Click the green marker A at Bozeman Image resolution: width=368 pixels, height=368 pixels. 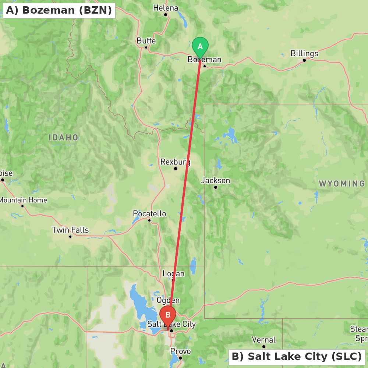[x=200, y=47]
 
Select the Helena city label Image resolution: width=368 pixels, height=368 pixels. [x=166, y=8]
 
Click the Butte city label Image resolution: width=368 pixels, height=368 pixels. [x=146, y=41]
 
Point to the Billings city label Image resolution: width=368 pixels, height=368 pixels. [x=304, y=53]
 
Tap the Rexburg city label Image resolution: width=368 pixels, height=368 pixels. [x=175, y=162]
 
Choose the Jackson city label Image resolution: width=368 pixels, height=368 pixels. [x=216, y=180]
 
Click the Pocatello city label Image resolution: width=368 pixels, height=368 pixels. [x=149, y=214]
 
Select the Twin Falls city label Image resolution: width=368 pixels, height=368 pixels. [x=70, y=230]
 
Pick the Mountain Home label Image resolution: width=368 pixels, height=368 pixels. [x=23, y=200]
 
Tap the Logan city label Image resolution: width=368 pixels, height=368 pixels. [x=173, y=274]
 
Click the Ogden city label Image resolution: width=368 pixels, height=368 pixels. [x=168, y=300]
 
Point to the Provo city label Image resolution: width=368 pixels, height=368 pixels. [x=180, y=351]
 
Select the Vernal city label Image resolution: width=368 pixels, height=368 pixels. [x=264, y=340]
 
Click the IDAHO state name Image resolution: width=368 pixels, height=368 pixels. [x=64, y=138]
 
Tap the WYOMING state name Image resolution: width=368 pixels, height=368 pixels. [x=342, y=184]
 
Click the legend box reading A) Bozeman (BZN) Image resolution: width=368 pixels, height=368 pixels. [x=59, y=10]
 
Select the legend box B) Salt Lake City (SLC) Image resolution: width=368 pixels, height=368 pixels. [x=297, y=357]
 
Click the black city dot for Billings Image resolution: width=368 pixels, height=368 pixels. [x=304, y=60]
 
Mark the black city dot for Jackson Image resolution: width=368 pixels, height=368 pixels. [x=216, y=187]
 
